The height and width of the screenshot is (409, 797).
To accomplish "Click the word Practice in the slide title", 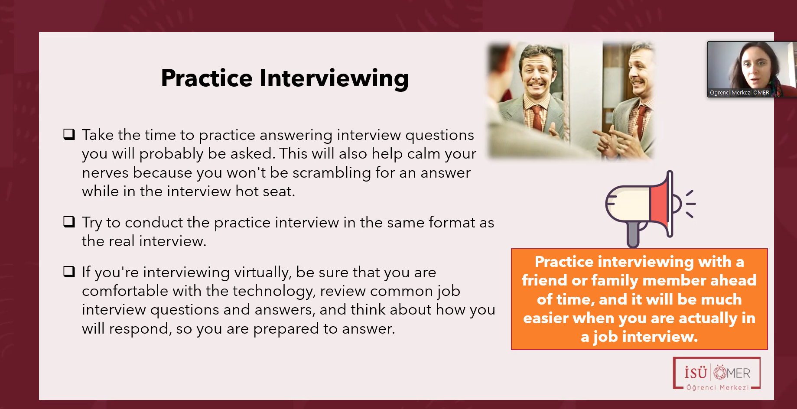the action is pos(207,78).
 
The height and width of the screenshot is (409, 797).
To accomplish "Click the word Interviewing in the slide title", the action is pos(334,79).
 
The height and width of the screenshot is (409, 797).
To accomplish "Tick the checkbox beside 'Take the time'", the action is pos(69,134).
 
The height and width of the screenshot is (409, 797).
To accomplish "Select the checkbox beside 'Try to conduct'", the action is pos(69,221).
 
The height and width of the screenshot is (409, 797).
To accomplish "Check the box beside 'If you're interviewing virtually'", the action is pos(69,271).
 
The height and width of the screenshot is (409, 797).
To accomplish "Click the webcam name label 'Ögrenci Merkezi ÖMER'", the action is pos(739,92).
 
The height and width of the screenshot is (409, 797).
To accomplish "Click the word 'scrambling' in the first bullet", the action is pos(332,173).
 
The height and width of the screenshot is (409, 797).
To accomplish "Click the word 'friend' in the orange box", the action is pos(545,280).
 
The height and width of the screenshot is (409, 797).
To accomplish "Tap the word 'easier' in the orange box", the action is pos(546,318).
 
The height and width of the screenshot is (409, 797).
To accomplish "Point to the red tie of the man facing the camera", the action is pos(537,117).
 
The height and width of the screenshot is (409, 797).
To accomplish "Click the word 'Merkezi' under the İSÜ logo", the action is pos(734,387).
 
